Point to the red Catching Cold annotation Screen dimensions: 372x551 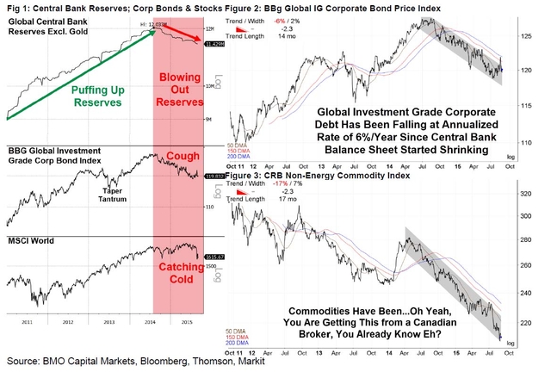179,285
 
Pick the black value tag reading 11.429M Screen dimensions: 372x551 213,44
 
